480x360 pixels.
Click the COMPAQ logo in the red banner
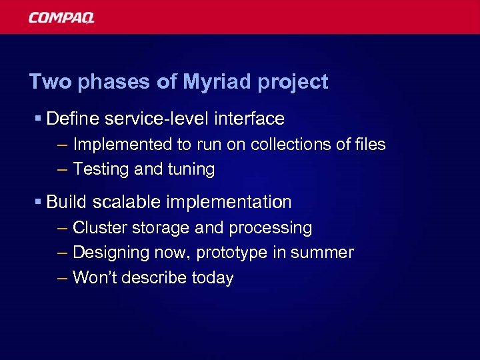click(61, 18)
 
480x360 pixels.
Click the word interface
click(249, 119)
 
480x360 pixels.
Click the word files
click(369, 145)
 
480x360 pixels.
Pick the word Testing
click(101, 170)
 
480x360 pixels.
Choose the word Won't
click(93, 277)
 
